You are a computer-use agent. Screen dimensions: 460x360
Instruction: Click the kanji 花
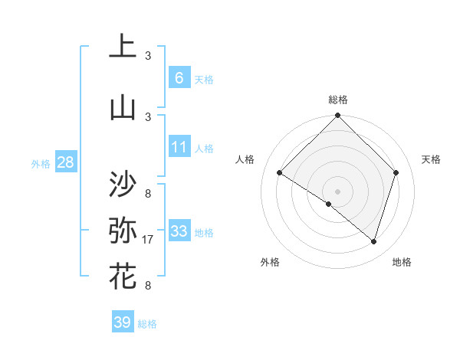[123, 276]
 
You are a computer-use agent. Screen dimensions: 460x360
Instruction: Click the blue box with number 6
[179, 77]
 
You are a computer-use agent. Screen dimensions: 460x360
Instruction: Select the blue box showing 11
[179, 146]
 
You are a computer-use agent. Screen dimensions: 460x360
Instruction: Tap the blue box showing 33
[179, 231]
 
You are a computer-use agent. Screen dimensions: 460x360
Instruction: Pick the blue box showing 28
[65, 162]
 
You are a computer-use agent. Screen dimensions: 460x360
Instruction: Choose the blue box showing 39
[123, 322]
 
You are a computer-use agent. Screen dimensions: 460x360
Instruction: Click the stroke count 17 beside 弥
[148, 241]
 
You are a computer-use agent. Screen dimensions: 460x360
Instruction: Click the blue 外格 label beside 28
[41, 163]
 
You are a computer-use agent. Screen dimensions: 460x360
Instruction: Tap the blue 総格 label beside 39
[147, 324]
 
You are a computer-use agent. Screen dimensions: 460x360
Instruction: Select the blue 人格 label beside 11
[204, 149]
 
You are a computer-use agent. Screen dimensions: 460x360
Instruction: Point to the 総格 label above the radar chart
[338, 100]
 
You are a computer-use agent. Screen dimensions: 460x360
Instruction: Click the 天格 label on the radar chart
[432, 159]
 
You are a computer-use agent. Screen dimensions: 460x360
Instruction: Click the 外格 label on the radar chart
[270, 262]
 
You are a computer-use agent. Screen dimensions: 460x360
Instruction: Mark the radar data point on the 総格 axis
[337, 116]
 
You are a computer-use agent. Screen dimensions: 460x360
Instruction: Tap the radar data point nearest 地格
[374, 241]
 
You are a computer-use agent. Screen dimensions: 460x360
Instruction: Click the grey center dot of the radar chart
[337, 191]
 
